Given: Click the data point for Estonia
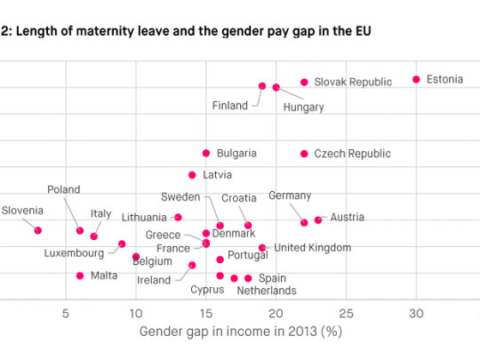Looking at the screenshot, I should click(416, 80).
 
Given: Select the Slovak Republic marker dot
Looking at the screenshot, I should click(304, 82).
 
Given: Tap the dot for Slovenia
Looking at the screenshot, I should click(37, 230).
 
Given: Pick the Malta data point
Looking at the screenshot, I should click(80, 276).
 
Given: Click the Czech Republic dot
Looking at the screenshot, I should click(304, 154).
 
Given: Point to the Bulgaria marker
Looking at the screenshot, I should click(206, 153).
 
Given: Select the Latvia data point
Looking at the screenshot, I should click(192, 175).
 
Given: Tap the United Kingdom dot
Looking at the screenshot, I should click(262, 248).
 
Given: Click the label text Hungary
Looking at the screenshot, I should click(303, 108).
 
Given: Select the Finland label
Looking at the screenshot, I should click(230, 106).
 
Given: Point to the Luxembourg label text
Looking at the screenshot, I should click(75, 253).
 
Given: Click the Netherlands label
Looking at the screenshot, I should click(267, 290).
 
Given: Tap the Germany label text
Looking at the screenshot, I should click(290, 196).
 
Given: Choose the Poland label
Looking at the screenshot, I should click(63, 189).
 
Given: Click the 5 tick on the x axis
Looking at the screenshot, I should click(65, 313).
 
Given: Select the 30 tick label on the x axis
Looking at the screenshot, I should click(416, 313).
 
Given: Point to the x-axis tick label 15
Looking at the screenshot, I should click(205, 313).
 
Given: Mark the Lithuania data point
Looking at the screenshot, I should click(178, 217).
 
